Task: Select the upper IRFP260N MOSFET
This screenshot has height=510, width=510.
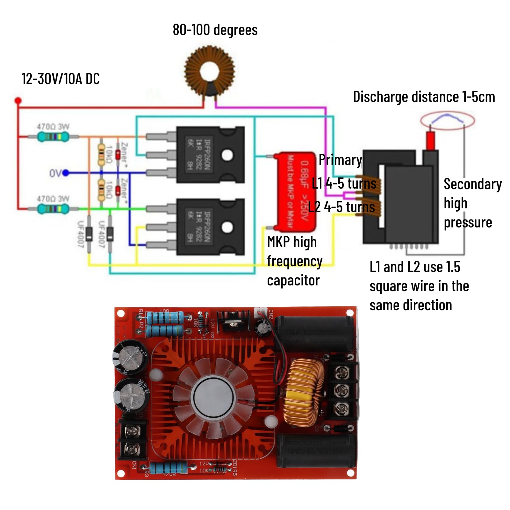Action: (210, 154)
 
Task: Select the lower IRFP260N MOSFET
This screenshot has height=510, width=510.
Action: (210, 227)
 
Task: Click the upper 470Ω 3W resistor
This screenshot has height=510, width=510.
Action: (53, 137)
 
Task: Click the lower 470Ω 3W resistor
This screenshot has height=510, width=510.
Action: (53, 209)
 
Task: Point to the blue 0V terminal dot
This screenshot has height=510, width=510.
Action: (66, 173)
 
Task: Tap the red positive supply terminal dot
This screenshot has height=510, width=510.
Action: (18, 101)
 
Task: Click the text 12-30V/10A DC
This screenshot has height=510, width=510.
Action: (61, 79)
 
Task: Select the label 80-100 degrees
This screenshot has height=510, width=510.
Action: (215, 30)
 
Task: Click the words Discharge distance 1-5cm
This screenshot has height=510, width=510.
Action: (424, 97)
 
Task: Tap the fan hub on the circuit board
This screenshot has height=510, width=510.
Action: (213, 397)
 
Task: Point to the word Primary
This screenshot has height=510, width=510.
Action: (340, 160)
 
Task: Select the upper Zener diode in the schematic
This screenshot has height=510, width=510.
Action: (118, 155)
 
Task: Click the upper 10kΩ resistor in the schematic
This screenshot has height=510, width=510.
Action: (101, 154)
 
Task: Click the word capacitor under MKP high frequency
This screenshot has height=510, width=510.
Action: (293, 281)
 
